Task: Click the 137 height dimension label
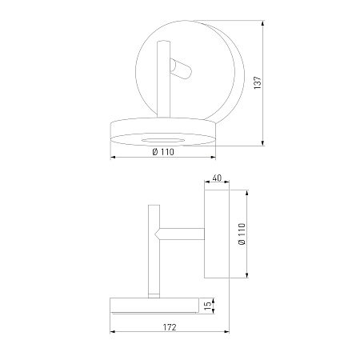[x=258, y=82]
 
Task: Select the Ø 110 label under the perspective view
[x=163, y=152]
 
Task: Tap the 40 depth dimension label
[x=217, y=178]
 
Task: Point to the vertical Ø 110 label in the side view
[x=242, y=234]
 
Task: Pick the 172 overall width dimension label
[x=170, y=327]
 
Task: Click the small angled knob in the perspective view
[x=181, y=69]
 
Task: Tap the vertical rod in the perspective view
[x=163, y=79]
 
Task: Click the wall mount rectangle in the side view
[x=217, y=234]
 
